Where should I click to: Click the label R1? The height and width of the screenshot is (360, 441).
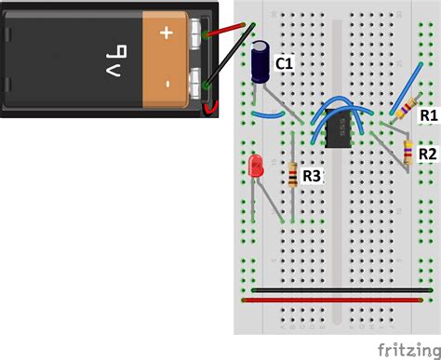coord(428,115)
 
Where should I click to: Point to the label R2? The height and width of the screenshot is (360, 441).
coord(428,153)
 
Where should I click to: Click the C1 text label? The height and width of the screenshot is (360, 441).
coord(284,63)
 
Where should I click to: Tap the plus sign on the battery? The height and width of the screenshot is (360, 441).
coord(167,33)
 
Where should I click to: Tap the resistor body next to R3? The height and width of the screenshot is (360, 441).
coord(294,174)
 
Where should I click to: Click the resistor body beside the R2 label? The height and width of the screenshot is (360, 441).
coord(408,152)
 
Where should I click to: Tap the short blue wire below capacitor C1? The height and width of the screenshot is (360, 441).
coord(269,115)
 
